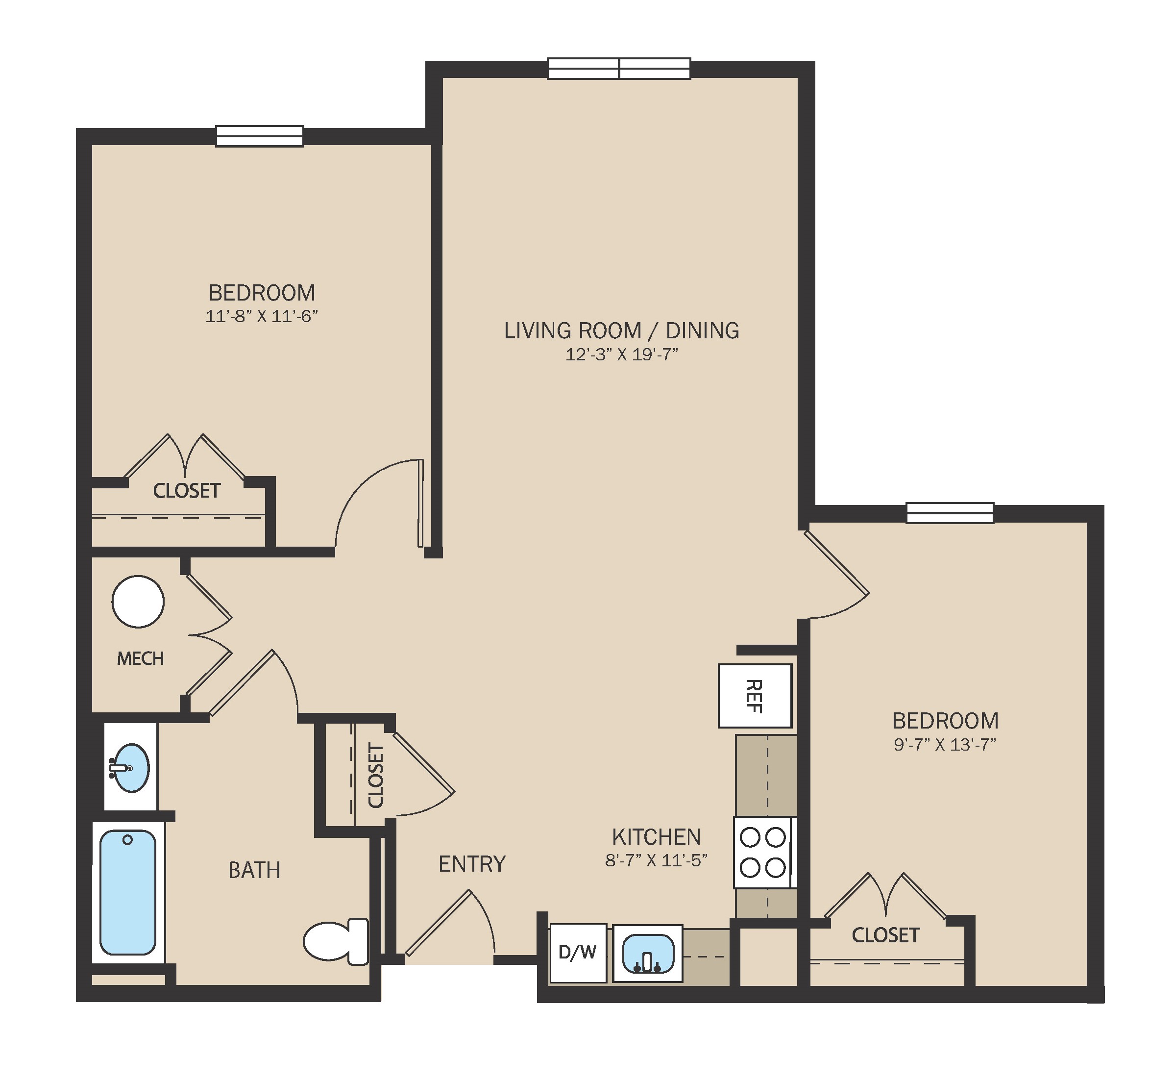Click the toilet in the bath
click(x=336, y=941)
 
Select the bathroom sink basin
click(x=129, y=768)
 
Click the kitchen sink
click(x=647, y=954)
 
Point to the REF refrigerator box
click(x=755, y=696)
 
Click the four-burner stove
click(x=763, y=853)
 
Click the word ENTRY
click(x=472, y=864)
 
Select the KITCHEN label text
click(x=656, y=837)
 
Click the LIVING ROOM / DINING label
click(x=622, y=330)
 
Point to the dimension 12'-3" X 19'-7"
click(x=622, y=354)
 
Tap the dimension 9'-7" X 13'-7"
click(x=945, y=744)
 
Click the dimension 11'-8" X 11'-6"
click(x=261, y=316)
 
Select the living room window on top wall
click(x=619, y=68)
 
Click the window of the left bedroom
click(x=260, y=136)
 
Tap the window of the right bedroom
click(x=950, y=513)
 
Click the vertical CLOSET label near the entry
click(x=375, y=775)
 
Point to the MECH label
click(x=141, y=659)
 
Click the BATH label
click(x=254, y=870)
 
